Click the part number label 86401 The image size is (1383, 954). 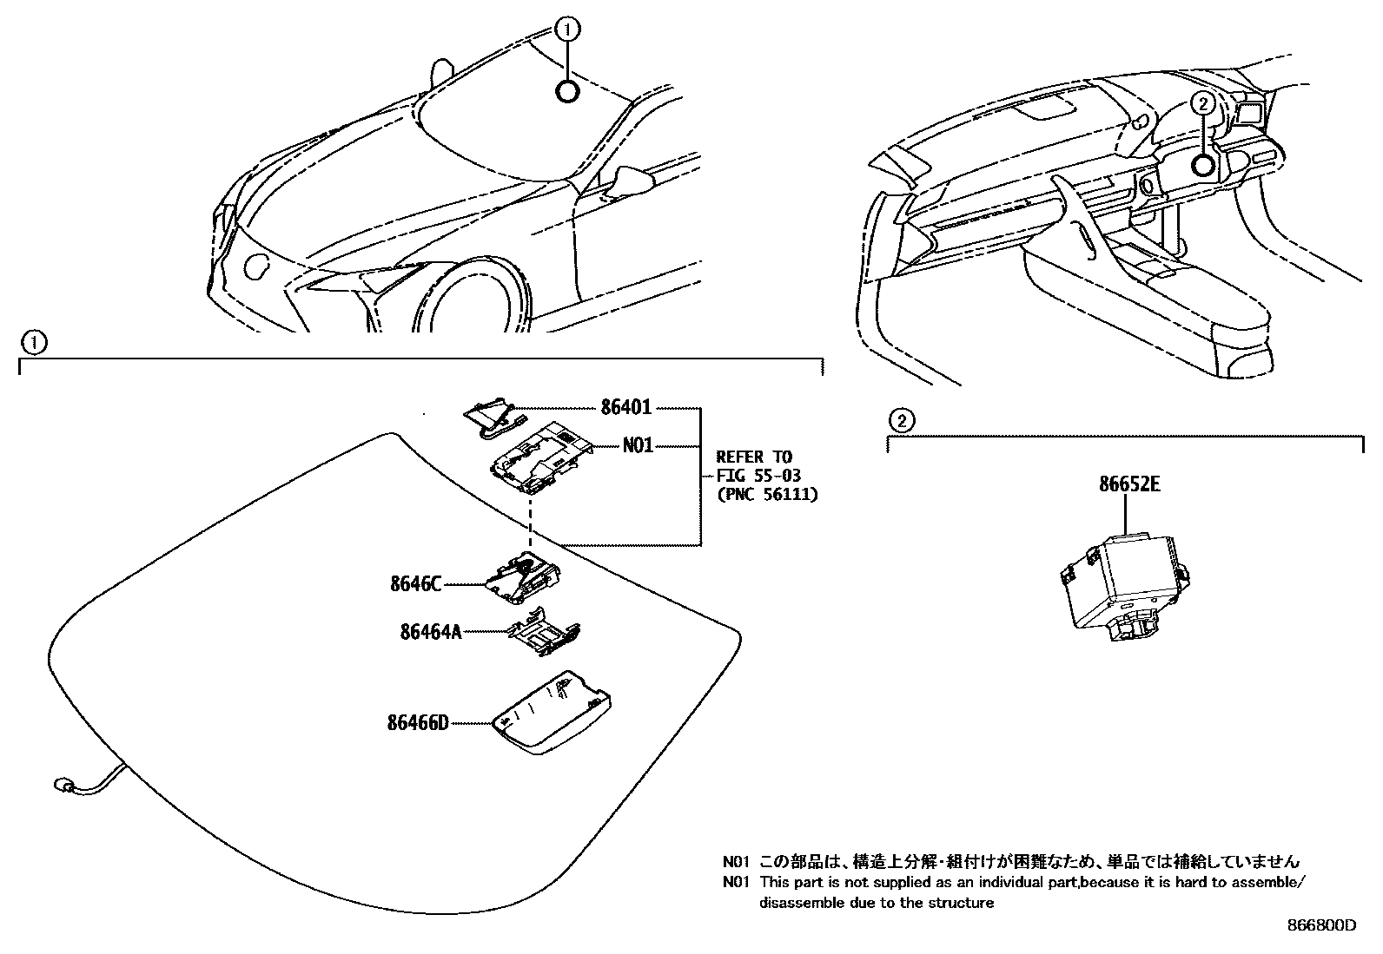(x=625, y=407)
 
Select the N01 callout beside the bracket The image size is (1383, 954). (x=638, y=445)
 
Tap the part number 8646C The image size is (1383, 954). (x=416, y=584)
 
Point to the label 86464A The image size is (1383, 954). (x=430, y=632)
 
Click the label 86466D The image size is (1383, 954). (x=418, y=722)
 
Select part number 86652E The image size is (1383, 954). (x=1128, y=484)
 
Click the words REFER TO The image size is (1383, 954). (x=754, y=457)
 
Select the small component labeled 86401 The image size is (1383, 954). (x=491, y=416)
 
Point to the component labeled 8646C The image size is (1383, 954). (x=523, y=578)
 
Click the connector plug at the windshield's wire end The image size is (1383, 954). (x=63, y=786)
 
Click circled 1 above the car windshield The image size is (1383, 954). (x=566, y=31)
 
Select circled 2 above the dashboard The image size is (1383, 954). (x=1201, y=104)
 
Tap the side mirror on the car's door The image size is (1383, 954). (x=632, y=181)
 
